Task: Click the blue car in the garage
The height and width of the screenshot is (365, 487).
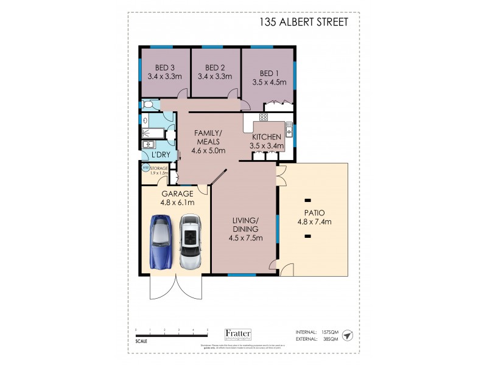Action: tap(161, 242)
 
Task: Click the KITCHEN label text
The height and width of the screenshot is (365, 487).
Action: tap(266, 137)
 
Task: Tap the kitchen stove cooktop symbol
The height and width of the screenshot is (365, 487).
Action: tap(264, 117)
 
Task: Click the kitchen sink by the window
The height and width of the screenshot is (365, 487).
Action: tap(290, 129)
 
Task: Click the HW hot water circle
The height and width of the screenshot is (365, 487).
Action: tap(145, 168)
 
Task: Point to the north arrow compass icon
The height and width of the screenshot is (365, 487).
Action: tap(347, 336)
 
